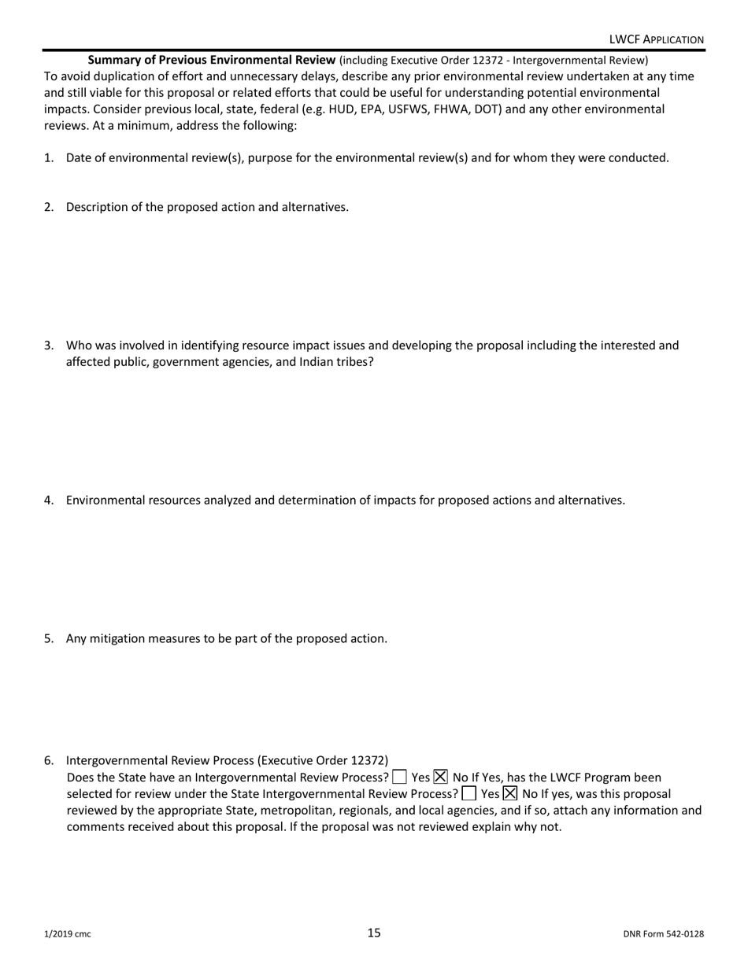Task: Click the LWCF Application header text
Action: tap(656, 39)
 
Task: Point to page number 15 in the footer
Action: tap(374, 933)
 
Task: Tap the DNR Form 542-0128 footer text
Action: tap(663, 934)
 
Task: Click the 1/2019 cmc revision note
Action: tap(67, 934)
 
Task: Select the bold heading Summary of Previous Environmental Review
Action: tap(212, 60)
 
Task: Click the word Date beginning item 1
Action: tap(80, 157)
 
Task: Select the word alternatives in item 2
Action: tap(315, 207)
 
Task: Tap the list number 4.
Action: tap(48, 500)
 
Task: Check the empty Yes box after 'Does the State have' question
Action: tap(399, 778)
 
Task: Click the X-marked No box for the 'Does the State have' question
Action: tap(441, 778)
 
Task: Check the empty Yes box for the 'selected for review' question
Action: tap(469, 793)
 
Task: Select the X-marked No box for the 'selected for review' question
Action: tap(510, 793)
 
